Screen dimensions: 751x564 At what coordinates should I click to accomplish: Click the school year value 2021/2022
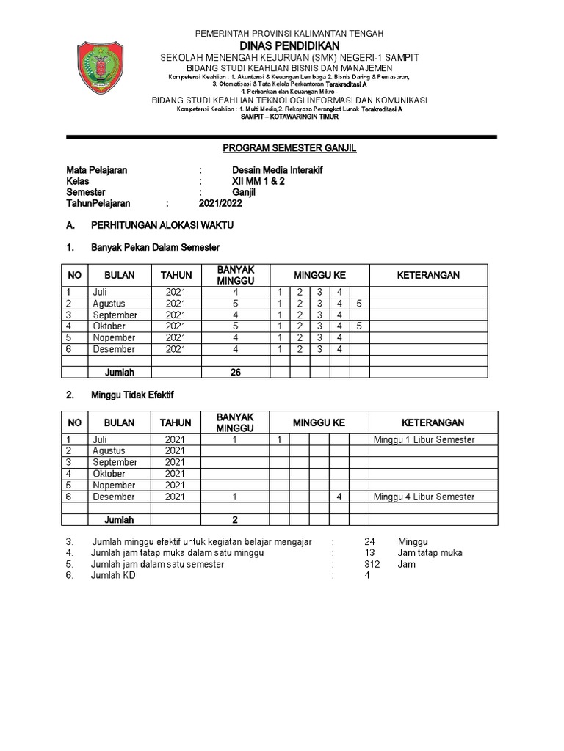(220, 204)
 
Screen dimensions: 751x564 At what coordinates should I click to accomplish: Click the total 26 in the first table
(236, 373)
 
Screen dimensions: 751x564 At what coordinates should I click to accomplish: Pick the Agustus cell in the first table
(109, 304)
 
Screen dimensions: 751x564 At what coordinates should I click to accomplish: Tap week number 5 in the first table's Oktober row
(358, 326)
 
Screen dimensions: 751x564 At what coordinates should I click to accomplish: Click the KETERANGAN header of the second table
(433, 423)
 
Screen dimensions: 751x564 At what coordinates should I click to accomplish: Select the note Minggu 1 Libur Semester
(424, 439)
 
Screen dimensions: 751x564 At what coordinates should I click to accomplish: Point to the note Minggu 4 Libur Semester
(424, 497)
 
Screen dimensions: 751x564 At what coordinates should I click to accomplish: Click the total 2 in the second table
(236, 520)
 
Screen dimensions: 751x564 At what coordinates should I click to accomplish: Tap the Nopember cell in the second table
(114, 486)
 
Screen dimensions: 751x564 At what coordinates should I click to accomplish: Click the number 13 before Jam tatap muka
(369, 553)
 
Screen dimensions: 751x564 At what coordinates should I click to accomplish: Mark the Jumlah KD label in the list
(113, 576)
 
